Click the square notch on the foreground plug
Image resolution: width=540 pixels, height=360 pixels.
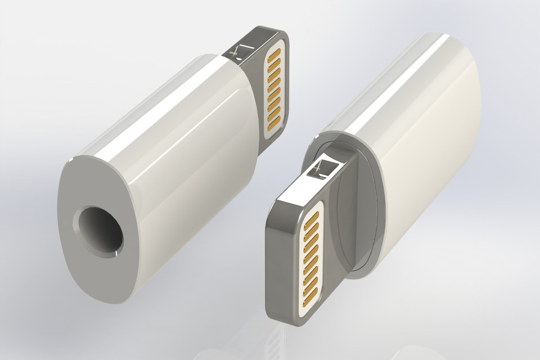pyautogui.click(x=325, y=168)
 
